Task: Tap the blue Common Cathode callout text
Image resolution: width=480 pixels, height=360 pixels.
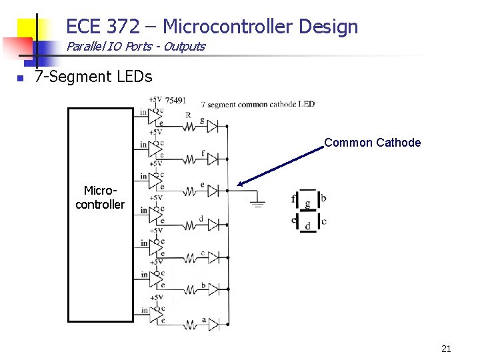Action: pyautogui.click(x=372, y=143)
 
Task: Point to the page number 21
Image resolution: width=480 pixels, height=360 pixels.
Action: pyautogui.click(x=446, y=348)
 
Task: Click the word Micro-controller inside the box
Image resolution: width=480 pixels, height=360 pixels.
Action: pyautogui.click(x=100, y=198)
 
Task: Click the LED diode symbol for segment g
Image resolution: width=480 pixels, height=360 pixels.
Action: pyautogui.click(x=213, y=126)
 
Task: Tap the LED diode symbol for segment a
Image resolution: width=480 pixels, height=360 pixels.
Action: pyautogui.click(x=213, y=323)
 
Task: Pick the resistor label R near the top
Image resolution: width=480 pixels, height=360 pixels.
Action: pyautogui.click(x=189, y=115)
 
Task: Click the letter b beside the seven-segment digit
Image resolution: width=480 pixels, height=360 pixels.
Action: pyautogui.click(x=323, y=198)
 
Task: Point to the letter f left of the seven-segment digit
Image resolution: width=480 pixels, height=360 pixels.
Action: pyautogui.click(x=293, y=199)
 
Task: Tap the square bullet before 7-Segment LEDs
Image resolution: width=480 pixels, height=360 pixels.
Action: pyautogui.click(x=21, y=78)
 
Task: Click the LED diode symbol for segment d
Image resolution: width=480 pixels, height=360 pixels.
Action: pyautogui.click(x=213, y=224)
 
